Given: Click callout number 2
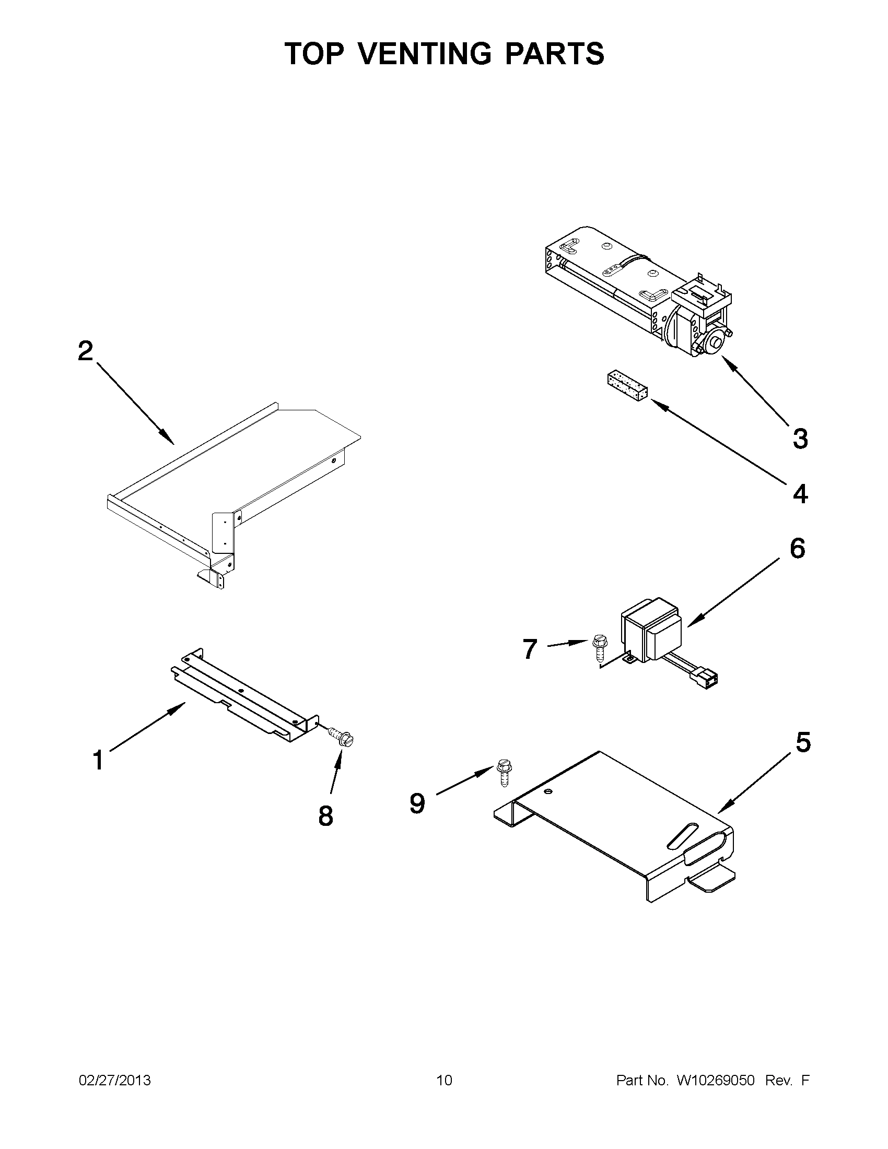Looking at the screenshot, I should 85,351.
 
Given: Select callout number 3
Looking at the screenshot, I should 800,439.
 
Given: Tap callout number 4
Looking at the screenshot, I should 800,494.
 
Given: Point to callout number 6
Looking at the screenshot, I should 797,549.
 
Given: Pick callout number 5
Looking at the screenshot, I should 803,742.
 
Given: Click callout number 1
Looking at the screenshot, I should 98,760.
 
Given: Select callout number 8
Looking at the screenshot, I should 326,816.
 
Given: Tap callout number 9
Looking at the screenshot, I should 417,804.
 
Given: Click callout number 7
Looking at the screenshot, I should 530,649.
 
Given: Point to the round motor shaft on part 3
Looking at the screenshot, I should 715,344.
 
